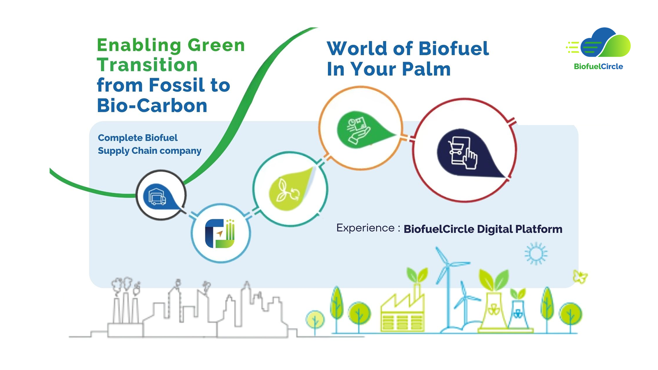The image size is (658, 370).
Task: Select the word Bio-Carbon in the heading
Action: tap(152, 106)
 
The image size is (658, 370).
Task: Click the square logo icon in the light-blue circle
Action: tap(220, 234)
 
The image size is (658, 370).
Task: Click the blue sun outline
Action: tap(536, 254)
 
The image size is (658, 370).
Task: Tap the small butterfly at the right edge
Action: tap(580, 277)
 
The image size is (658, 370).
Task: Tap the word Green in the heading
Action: tap(216, 45)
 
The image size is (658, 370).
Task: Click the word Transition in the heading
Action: tap(147, 65)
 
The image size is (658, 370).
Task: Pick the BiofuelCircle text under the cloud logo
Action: tap(598, 67)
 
